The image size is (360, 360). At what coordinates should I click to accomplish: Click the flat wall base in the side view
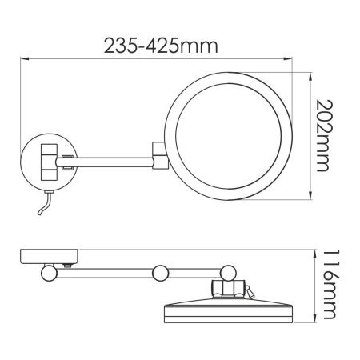pyautogui.click(x=48, y=256)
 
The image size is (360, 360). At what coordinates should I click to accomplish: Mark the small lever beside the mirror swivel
pyautogui.click(x=251, y=292)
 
